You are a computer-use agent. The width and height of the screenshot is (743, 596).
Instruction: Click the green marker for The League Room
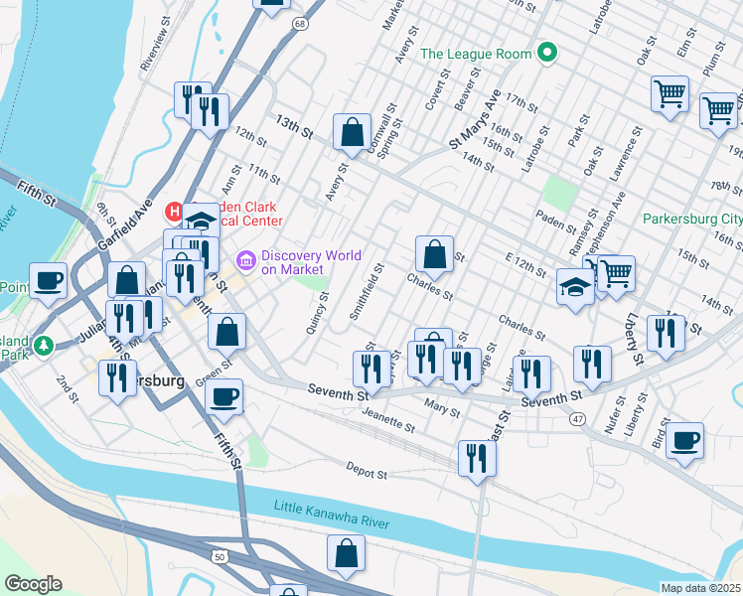pyautogui.click(x=546, y=54)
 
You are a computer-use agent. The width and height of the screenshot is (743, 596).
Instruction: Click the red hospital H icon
pyautogui.click(x=174, y=212)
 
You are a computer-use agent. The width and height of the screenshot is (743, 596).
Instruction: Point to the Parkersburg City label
pyautogui.click(x=691, y=219)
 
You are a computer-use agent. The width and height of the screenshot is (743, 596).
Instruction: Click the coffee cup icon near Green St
pyautogui.click(x=223, y=396)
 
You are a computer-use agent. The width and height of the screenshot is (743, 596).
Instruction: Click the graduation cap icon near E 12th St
pyautogui.click(x=575, y=286)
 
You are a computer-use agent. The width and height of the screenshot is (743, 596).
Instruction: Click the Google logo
pyautogui.click(x=32, y=583)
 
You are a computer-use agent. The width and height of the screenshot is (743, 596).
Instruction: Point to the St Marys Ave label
pyautogui.click(x=476, y=122)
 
